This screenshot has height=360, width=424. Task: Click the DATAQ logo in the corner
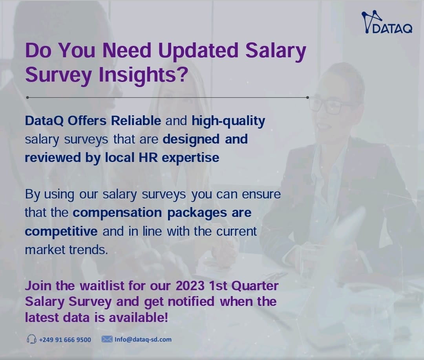coord(387,22)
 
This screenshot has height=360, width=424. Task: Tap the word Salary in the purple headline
coord(276,51)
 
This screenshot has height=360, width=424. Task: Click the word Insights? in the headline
coord(143,74)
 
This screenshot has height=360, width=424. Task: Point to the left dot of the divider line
coord(27,97)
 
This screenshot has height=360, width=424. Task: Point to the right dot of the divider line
coord(307,97)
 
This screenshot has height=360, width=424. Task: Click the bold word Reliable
coord(136,121)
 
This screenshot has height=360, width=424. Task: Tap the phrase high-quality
coord(228,122)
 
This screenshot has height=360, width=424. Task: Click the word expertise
coord(190,158)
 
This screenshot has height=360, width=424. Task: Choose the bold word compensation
coord(117,213)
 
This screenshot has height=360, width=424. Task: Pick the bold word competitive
coord(61,232)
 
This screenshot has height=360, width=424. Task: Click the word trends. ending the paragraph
coord(88,250)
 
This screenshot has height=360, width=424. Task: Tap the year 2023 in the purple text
coord(190,286)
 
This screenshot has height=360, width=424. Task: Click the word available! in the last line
coord(139,317)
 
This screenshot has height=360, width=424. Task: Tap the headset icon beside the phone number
coord(31,339)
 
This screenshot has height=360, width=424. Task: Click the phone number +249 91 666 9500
coord(65,340)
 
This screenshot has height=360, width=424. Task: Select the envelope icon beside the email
coord(107,339)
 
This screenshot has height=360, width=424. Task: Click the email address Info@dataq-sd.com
coord(143,340)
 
